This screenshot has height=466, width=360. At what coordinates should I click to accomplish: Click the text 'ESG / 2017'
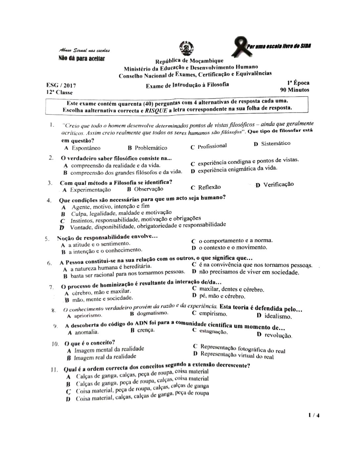click(61, 85)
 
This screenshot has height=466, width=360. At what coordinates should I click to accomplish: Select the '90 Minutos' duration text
click(294, 90)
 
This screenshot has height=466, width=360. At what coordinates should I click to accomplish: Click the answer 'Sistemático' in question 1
click(276, 143)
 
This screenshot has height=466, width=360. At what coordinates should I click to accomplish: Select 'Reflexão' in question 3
click(209, 187)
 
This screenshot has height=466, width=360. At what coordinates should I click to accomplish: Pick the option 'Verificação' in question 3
click(278, 184)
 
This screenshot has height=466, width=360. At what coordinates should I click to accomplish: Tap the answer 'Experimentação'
click(90, 190)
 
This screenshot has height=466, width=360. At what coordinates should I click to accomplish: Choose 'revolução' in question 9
click(278, 335)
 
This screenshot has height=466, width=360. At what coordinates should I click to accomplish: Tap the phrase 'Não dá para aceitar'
click(81, 59)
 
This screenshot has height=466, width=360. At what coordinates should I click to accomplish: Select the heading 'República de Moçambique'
click(189, 61)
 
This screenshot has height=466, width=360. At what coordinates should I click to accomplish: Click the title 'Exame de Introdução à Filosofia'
click(187, 85)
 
